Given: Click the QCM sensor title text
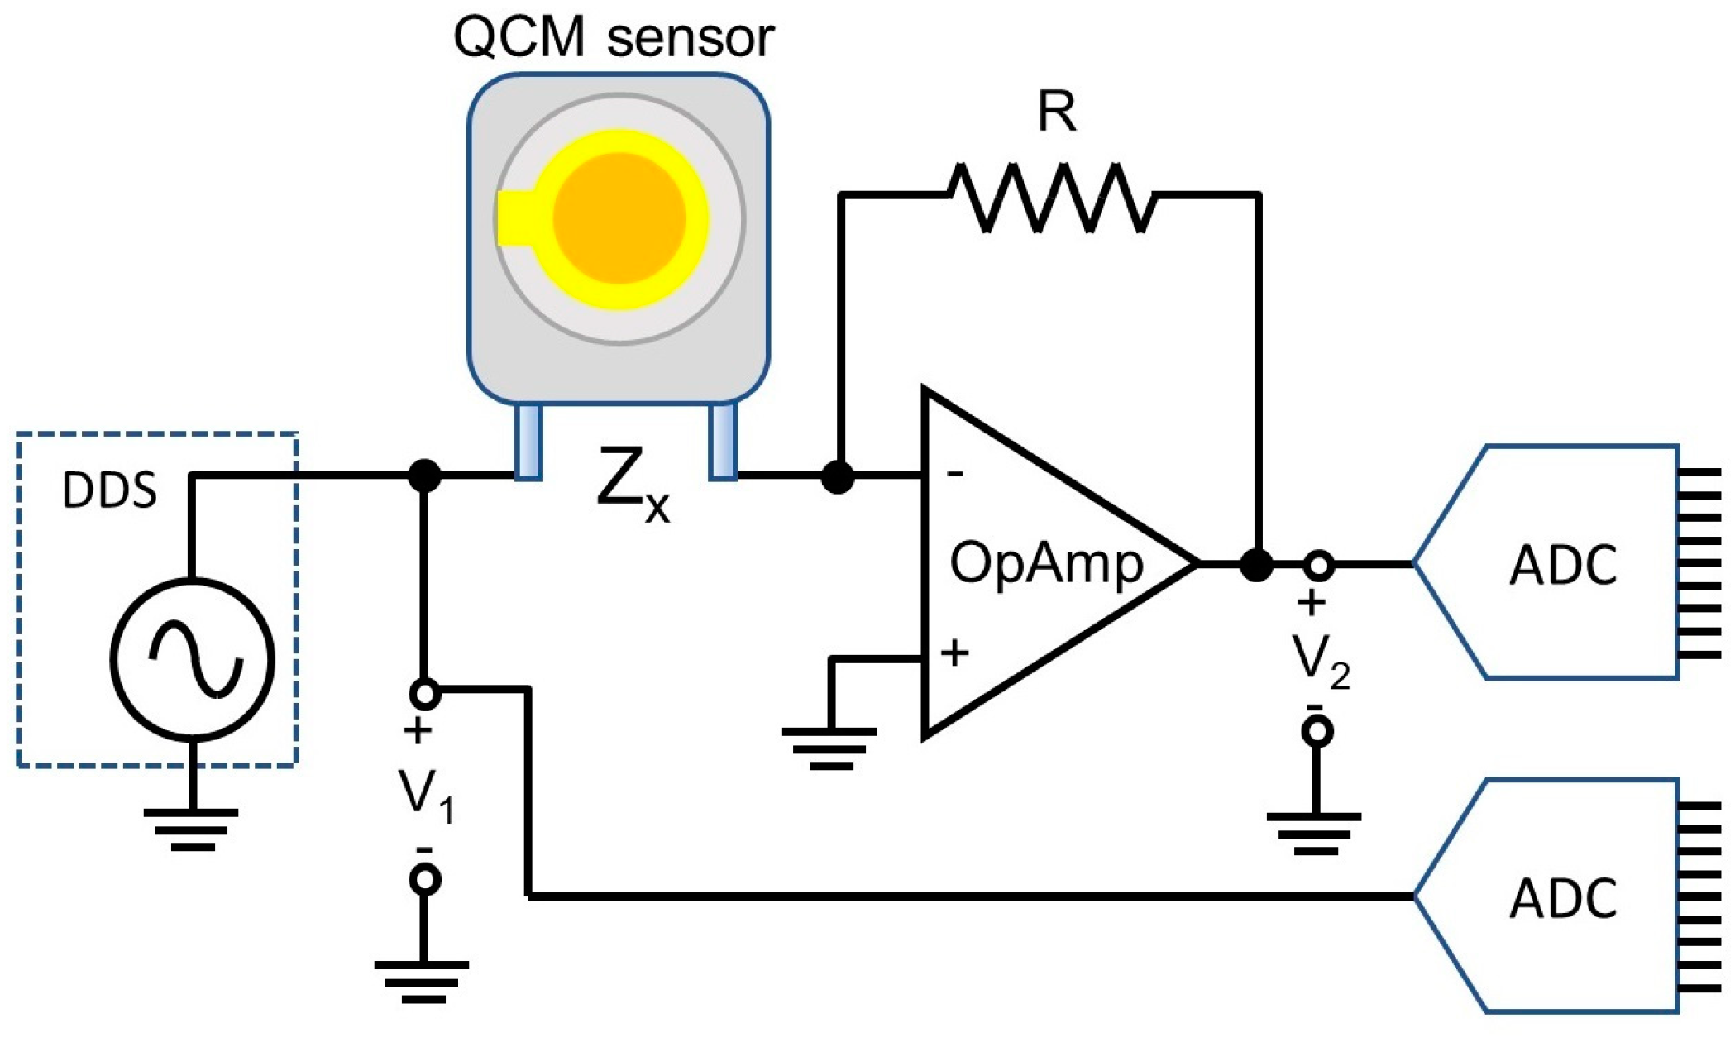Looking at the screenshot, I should click(x=613, y=38).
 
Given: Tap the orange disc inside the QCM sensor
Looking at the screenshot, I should click(x=619, y=218).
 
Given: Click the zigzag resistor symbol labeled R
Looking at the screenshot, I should click(x=1050, y=197).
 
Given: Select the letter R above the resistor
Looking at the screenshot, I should click(x=1056, y=112).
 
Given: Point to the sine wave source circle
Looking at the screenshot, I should click(x=192, y=658).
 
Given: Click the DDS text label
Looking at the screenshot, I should click(x=109, y=490).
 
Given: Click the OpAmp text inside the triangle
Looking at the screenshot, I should click(x=1046, y=564).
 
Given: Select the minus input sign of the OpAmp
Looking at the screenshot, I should click(x=955, y=474).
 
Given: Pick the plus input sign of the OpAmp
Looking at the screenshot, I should click(x=954, y=653).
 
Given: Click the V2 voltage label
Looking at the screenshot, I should click(x=1320, y=661).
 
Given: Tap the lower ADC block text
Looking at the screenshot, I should click(x=1563, y=899).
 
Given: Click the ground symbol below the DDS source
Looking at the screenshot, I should click(x=191, y=829).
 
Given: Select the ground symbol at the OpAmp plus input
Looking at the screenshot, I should click(x=829, y=748).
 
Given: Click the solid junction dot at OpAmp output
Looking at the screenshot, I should click(x=1256, y=565).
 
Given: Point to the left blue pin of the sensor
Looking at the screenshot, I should click(x=528, y=441).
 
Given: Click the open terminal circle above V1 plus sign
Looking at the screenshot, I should click(x=424, y=694).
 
